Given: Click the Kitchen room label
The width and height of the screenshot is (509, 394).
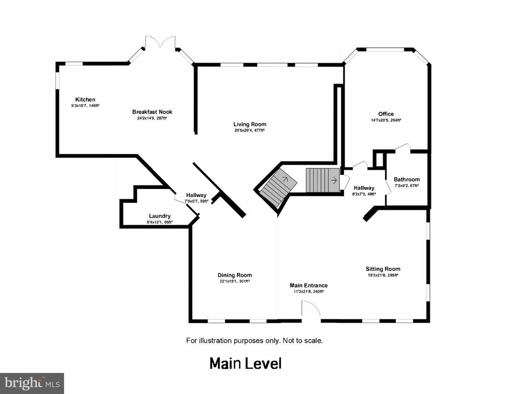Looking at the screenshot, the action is coord(85,99).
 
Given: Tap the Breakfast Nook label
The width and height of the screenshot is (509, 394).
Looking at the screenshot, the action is coord(152,112).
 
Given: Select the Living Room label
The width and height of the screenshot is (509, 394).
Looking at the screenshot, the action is coord(250,124).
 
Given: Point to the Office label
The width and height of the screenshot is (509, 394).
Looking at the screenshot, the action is coord(386,114).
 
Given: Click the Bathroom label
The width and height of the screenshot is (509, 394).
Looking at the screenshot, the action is coord(406,179).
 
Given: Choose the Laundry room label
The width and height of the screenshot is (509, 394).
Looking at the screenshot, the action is coord(160,216).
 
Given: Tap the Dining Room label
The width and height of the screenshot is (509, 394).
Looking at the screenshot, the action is coord(235,275).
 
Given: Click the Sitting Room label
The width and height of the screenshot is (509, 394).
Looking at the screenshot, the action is coord(383,269).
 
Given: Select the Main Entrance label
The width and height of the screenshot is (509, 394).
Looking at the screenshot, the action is coord(309,285).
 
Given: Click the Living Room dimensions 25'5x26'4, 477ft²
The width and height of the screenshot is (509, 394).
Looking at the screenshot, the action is coord(250,130).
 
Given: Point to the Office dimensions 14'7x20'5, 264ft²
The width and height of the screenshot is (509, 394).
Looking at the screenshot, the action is coord(386,120).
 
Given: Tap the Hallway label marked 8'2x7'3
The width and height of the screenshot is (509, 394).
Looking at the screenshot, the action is coord(364,188).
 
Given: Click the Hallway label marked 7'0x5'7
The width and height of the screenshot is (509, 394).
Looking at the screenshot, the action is coord(196,195).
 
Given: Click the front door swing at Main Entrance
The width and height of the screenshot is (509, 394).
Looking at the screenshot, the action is coord(311,308).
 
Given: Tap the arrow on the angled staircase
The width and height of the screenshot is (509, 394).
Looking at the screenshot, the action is coord(285,179).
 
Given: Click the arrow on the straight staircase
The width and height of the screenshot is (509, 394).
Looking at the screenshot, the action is coord(334,180).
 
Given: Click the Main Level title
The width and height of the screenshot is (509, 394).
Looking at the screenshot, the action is coord(245,364).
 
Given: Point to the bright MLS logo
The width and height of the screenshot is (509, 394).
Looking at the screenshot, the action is coord(32,384).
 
